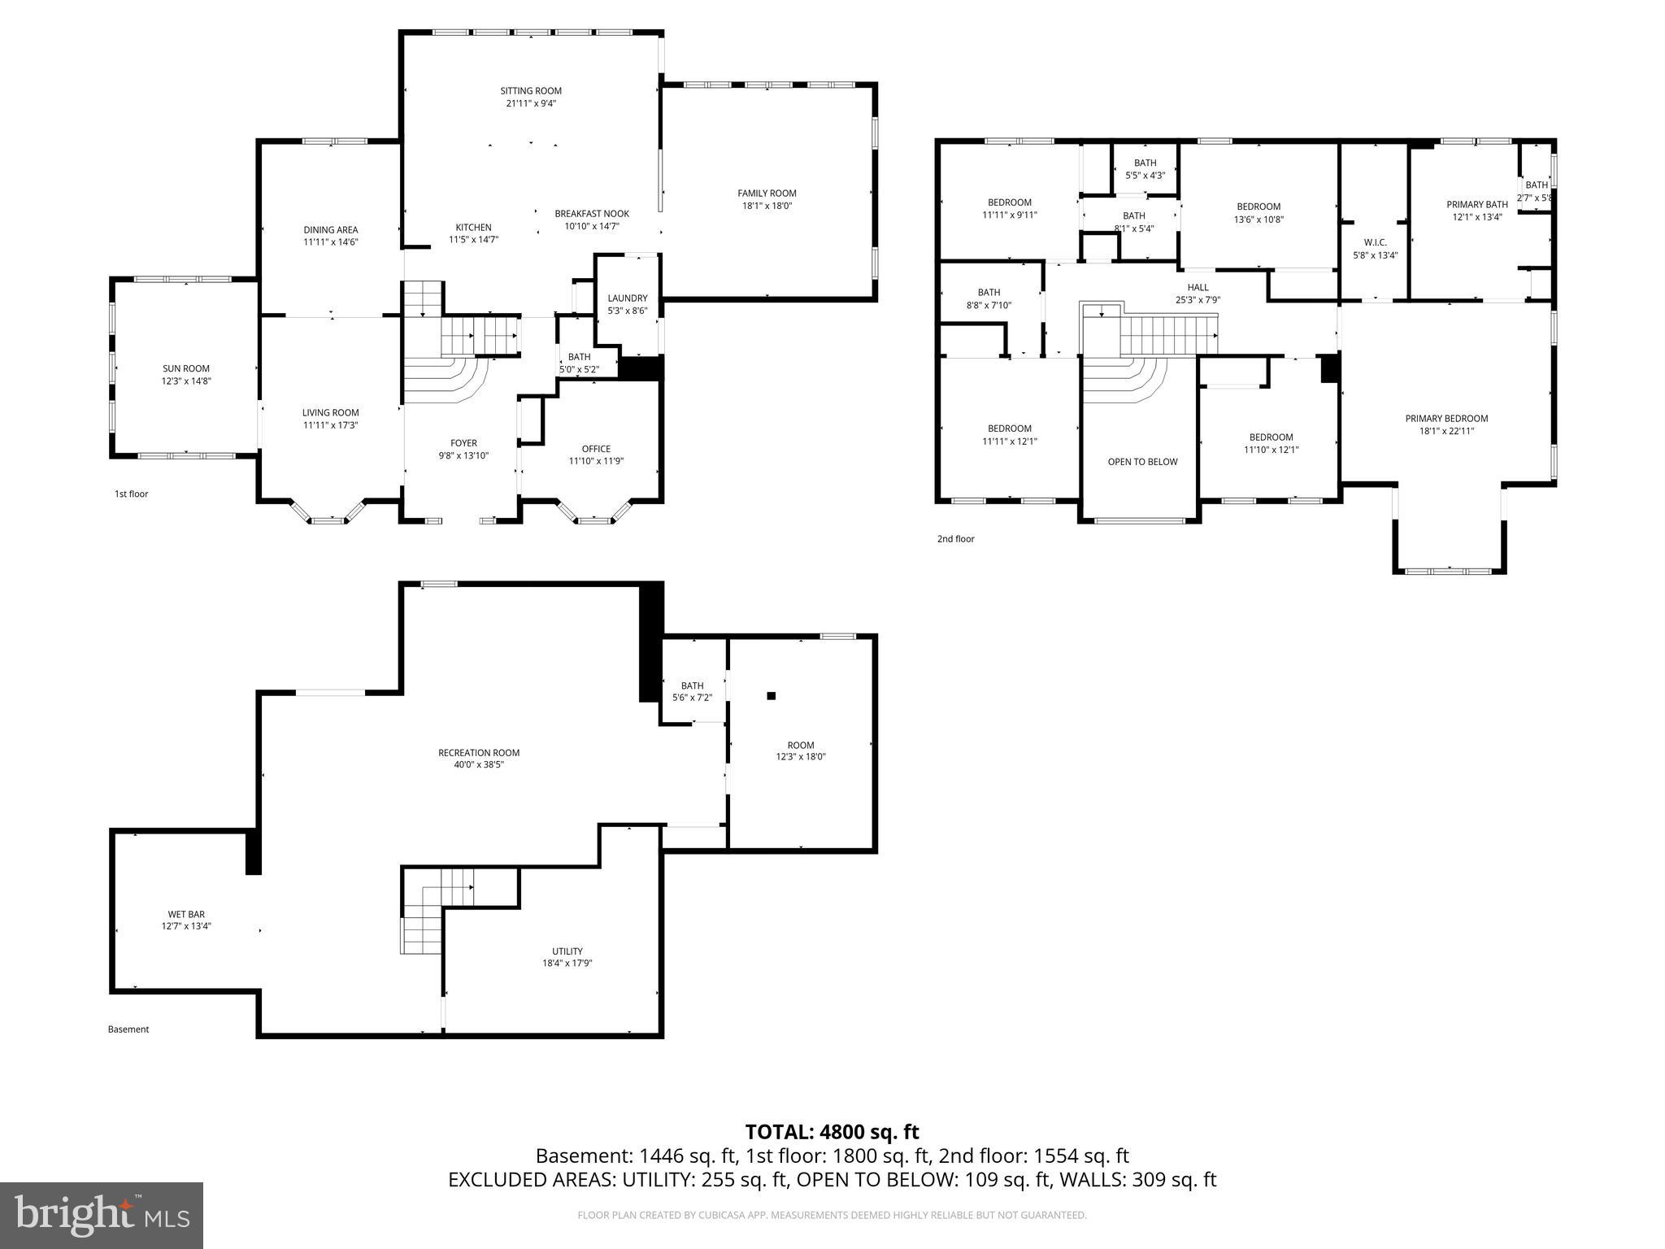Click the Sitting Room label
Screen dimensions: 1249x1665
click(530, 91)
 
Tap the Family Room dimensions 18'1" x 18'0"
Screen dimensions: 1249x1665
click(767, 206)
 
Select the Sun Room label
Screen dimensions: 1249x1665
click(186, 368)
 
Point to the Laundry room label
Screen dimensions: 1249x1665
click(627, 298)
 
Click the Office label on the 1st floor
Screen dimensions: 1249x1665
click(596, 449)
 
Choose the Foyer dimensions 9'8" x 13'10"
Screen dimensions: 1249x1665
click(463, 456)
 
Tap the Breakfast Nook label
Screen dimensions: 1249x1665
click(592, 214)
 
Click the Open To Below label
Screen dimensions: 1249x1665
click(1142, 462)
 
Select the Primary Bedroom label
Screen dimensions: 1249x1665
click(1446, 419)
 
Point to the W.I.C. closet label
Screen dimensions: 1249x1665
click(1375, 242)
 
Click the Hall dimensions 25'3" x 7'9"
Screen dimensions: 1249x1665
click(1198, 299)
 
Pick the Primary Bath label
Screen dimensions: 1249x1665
click(1476, 205)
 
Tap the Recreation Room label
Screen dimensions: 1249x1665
click(479, 753)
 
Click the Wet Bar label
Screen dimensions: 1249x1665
click(186, 914)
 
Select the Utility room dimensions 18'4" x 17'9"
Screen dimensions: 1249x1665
click(567, 964)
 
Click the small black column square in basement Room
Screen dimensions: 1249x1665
click(772, 696)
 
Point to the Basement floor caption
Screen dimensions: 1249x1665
click(128, 1029)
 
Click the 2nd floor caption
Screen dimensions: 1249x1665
click(955, 539)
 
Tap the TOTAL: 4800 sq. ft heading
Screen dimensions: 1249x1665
click(832, 1132)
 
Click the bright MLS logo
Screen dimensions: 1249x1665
click(102, 1216)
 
